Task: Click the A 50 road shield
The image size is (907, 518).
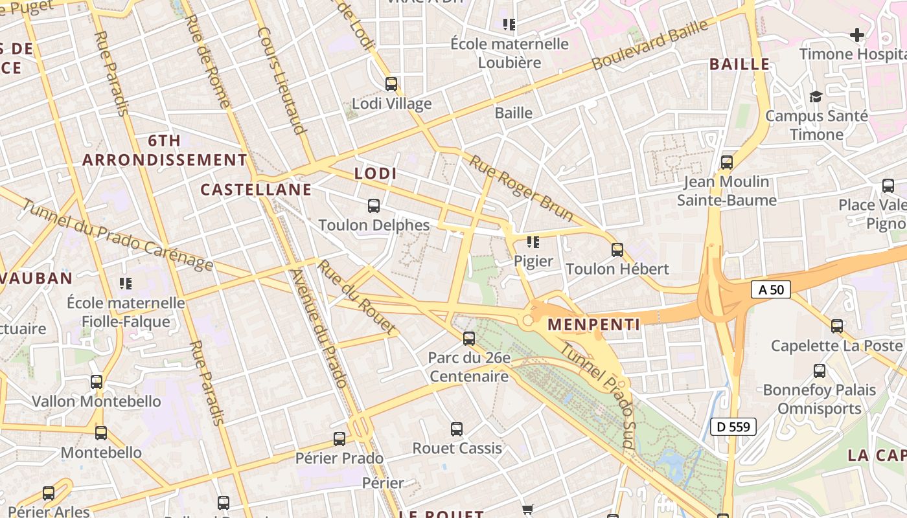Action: [771, 289]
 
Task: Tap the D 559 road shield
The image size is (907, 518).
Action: [733, 427]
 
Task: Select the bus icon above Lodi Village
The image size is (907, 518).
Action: [391, 84]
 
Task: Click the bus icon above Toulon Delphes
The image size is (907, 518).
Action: [374, 206]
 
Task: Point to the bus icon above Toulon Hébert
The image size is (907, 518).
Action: [617, 249]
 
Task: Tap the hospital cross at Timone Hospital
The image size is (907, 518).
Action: [857, 35]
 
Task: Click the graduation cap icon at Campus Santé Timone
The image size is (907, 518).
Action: [816, 97]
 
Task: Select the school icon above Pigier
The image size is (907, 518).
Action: [533, 242]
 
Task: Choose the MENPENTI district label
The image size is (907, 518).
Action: [594, 324]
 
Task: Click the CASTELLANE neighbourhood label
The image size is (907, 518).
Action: [256, 190]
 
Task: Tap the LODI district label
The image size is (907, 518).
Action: [375, 174]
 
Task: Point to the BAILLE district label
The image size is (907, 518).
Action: [739, 64]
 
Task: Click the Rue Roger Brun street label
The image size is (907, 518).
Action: [521, 188]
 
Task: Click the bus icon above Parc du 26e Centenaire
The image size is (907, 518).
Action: [469, 338]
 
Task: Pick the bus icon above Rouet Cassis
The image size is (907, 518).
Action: [457, 429]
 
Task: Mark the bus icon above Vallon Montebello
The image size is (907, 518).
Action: [97, 382]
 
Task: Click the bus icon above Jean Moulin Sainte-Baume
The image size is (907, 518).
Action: [727, 162]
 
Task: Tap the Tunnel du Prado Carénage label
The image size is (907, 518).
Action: [117, 234]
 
